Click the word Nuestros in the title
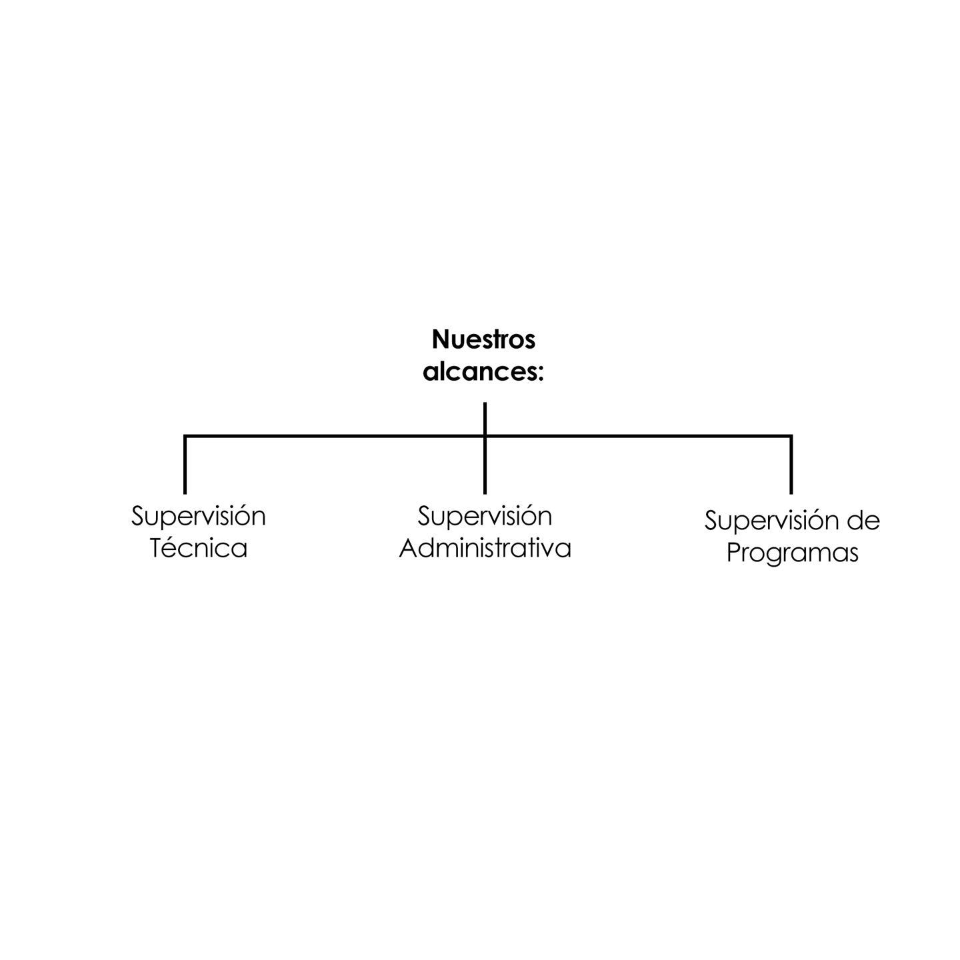(x=483, y=339)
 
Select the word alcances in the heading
(x=479, y=371)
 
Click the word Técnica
(x=199, y=547)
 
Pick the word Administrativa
(x=485, y=548)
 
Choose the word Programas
(x=792, y=553)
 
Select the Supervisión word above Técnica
(x=198, y=515)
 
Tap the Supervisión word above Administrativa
(x=485, y=515)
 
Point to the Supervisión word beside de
(x=772, y=521)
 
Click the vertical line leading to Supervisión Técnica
(x=185, y=464)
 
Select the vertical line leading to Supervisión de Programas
(x=791, y=464)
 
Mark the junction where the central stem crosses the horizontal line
(x=485, y=437)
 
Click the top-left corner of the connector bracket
(x=185, y=437)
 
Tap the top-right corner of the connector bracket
(x=791, y=437)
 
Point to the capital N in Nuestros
(x=441, y=340)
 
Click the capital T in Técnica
(x=158, y=547)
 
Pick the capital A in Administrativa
(x=409, y=548)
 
